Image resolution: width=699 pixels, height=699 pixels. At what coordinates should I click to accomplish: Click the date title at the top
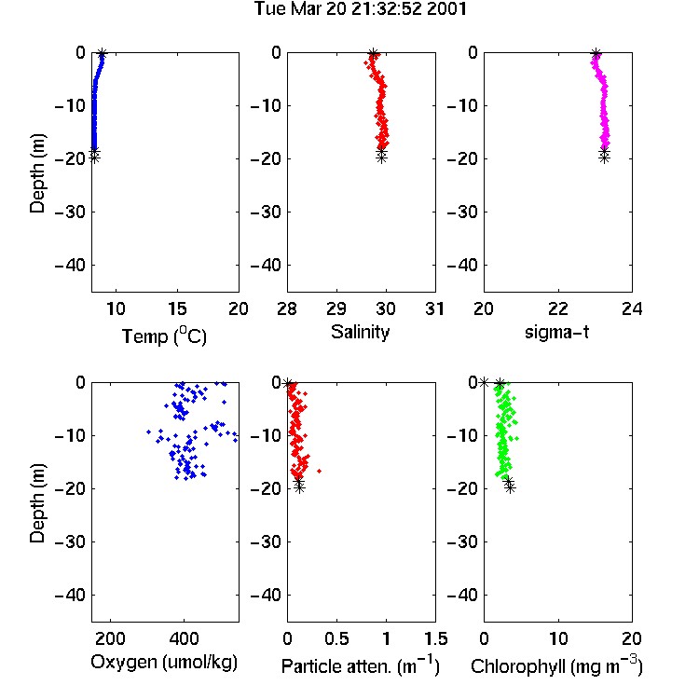pos(360,9)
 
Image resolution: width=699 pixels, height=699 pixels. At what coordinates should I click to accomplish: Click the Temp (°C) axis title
pos(164,336)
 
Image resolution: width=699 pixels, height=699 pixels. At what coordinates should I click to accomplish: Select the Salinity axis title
pos(360,332)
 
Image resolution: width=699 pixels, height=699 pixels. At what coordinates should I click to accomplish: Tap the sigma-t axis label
pos(556,332)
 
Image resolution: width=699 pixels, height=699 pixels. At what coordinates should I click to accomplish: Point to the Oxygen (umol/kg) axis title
pos(164,663)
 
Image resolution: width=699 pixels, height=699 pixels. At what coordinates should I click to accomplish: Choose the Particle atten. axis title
pos(360,665)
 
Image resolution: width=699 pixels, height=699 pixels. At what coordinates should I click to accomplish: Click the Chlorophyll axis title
pos(556,665)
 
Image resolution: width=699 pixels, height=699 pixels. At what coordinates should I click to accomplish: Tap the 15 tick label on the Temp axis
pos(177,308)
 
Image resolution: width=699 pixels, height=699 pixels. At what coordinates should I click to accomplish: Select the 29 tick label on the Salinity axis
pos(336,308)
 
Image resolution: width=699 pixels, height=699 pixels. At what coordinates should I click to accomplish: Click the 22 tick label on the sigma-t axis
pos(558,308)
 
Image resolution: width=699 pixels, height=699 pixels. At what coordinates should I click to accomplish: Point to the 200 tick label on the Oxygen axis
pos(110,638)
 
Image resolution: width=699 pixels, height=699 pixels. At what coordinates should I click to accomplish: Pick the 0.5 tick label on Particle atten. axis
pos(336,638)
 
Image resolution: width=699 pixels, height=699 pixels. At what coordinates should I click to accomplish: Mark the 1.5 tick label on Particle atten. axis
pos(435,638)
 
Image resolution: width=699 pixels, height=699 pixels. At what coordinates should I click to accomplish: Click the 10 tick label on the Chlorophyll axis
pos(558,638)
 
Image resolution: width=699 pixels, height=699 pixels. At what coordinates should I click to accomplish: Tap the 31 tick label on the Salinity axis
pos(434,308)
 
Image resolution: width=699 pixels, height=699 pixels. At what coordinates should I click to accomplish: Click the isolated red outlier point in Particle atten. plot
pos(319,471)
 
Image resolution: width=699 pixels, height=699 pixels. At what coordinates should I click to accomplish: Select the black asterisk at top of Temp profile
pos(103,53)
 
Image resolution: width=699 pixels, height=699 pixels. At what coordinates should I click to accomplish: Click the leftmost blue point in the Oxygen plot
pos(148,432)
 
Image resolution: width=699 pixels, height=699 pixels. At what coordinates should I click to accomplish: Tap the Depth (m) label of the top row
pos(37,173)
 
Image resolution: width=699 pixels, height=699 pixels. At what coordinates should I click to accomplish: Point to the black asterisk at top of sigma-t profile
pos(596,53)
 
